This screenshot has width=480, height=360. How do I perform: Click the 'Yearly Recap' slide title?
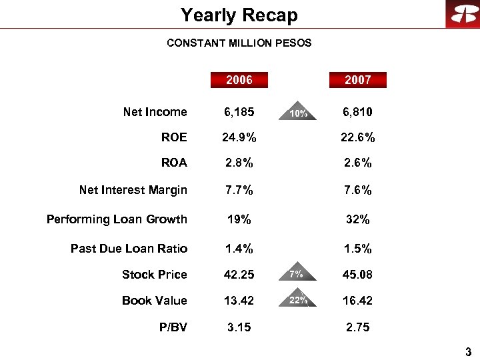[239, 15]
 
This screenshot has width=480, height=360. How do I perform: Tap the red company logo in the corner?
[462, 14]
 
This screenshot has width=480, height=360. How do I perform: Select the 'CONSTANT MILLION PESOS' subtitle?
[239, 43]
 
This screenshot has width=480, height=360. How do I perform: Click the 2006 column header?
[239, 80]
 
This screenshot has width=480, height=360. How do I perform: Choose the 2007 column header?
[357, 80]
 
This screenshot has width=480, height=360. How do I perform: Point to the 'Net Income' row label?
[155, 112]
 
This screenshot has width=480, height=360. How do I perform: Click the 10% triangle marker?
[298, 112]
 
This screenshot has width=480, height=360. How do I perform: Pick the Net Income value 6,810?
[357, 112]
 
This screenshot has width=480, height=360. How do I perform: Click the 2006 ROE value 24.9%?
[239, 138]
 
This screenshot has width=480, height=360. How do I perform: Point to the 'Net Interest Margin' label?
[133, 191]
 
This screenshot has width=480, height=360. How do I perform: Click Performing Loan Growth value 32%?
[357, 219]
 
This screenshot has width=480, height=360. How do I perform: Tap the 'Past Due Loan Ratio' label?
[129, 249]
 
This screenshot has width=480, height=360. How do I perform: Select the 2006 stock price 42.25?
[239, 275]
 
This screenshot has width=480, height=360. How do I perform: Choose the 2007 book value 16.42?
[357, 301]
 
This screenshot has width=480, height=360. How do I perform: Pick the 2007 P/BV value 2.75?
[357, 327]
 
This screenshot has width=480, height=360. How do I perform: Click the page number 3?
[469, 351]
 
